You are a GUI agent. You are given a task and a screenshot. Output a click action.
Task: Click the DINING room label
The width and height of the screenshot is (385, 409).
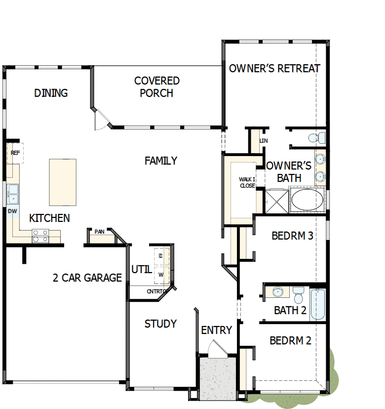pyautogui.click(x=51, y=93)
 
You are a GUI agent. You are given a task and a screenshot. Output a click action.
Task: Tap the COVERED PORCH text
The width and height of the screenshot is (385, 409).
pyautogui.click(x=156, y=86)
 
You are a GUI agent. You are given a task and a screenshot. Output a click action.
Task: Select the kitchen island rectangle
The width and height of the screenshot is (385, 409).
pyautogui.click(x=63, y=182)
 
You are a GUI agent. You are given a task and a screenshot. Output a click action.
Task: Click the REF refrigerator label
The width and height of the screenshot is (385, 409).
pyautogui.click(x=15, y=153)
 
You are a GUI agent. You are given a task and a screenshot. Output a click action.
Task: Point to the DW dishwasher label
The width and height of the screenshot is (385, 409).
pyautogui.click(x=12, y=211)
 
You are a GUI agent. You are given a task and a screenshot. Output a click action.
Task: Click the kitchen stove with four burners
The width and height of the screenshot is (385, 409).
pyautogui.click(x=40, y=236)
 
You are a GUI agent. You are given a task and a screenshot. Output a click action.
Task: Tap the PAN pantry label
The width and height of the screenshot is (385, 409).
pyautogui.click(x=100, y=231)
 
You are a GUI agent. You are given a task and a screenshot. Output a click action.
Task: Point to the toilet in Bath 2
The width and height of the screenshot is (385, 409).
pyautogui.click(x=298, y=295)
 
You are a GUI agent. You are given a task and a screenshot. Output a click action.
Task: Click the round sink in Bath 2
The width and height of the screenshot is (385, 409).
pyautogui.click(x=277, y=292)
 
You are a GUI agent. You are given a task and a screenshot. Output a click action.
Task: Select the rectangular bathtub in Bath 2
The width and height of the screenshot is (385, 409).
pyautogui.click(x=317, y=304)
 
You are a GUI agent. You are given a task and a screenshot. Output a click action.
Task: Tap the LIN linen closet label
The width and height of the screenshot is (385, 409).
pyautogui.click(x=264, y=141)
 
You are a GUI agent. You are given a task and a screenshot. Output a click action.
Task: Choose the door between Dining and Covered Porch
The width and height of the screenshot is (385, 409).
pyautogui.click(x=101, y=120)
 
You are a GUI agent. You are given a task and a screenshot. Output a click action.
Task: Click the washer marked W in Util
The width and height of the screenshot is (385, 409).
pyautogui.click(x=161, y=275)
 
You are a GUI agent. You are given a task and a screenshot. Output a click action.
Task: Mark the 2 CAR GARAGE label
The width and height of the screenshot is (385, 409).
pyautogui.click(x=87, y=278)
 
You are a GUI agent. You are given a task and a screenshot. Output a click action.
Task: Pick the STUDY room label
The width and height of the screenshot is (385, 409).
pyautogui.click(x=160, y=324)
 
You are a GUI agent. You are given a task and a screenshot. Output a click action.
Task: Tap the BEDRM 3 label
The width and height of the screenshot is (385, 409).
pyautogui.click(x=292, y=236)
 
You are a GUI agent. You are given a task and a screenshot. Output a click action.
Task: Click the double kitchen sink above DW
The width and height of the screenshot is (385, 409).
pyautogui.click(x=12, y=194)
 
